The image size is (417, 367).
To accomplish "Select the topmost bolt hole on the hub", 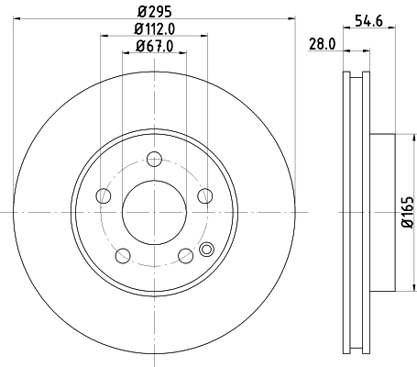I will coord(155,158).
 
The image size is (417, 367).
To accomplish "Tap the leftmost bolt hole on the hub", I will coord(104,195).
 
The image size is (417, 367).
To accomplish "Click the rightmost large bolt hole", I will coord(205,195).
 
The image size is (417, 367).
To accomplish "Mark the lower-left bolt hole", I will coord(123,255).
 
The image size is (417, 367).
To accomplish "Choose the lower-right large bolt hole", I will coord(186,255).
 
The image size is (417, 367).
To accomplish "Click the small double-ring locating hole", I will coord(205,247).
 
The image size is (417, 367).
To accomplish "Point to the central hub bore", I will coord(155,212).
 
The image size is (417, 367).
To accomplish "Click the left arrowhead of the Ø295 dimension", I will coord(18,17).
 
